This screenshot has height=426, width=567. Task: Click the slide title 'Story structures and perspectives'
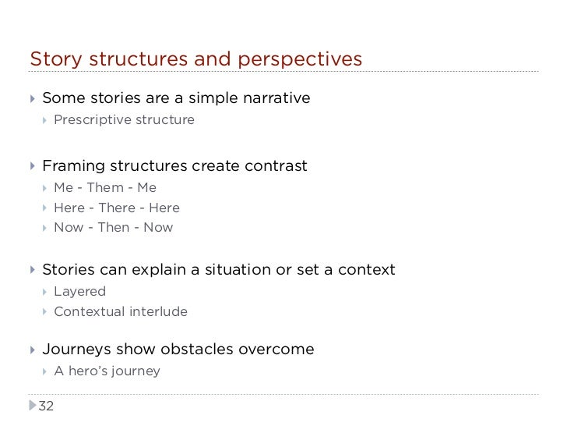tap(195, 59)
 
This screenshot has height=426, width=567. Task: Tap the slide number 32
tap(47, 406)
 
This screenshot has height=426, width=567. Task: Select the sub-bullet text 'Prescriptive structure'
tap(124, 120)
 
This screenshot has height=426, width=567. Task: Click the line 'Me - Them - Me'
tap(105, 187)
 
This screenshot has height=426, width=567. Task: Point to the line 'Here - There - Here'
tap(117, 208)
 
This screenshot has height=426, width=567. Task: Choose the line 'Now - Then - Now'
tap(114, 228)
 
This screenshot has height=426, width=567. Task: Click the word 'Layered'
tap(79, 292)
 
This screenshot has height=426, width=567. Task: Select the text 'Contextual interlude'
tap(121, 312)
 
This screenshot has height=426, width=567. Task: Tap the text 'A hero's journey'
tap(107, 371)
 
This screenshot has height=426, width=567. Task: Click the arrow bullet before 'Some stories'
tap(32, 98)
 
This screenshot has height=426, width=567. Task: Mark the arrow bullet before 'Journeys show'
tap(32, 350)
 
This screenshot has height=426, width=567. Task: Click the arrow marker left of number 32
tap(32, 406)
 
